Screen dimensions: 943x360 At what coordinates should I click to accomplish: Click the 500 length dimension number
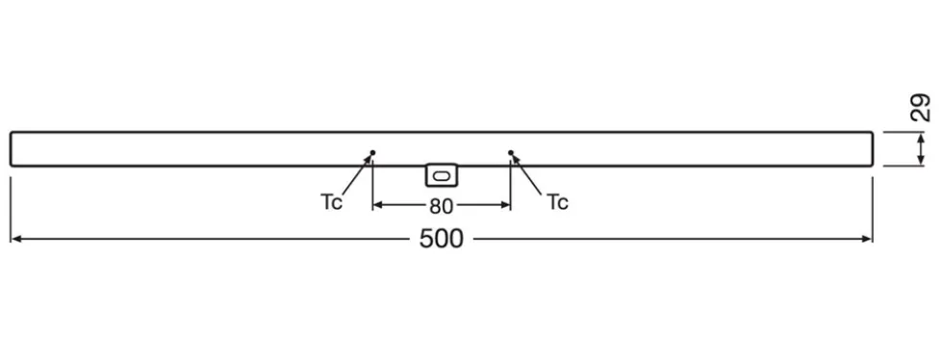click(442, 239)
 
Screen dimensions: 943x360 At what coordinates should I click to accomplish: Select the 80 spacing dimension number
click(441, 207)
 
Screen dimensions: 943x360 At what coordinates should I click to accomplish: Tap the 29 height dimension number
click(921, 108)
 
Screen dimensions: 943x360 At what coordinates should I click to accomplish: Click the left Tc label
click(331, 202)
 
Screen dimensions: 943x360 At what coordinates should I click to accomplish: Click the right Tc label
click(557, 202)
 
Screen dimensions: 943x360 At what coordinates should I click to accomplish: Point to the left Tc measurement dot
click(372, 152)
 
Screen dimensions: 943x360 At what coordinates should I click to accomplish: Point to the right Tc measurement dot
click(511, 152)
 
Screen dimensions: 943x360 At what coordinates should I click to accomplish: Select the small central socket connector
click(441, 175)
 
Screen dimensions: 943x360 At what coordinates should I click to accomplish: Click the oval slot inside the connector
click(441, 176)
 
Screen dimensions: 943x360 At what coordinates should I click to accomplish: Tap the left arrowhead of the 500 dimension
click(15, 239)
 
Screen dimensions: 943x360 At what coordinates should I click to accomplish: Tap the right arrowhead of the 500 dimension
click(867, 239)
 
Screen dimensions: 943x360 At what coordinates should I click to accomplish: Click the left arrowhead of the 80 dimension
click(377, 205)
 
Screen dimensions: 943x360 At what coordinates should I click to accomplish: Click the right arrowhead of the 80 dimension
click(506, 205)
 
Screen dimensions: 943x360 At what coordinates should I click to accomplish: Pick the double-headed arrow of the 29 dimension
click(921, 148)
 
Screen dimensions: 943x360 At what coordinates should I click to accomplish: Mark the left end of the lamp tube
click(11, 148)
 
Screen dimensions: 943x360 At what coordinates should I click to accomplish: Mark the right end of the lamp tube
click(872, 148)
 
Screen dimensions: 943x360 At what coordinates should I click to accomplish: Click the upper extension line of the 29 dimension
click(904, 132)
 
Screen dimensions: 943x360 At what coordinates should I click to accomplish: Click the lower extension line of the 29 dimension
click(904, 166)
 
